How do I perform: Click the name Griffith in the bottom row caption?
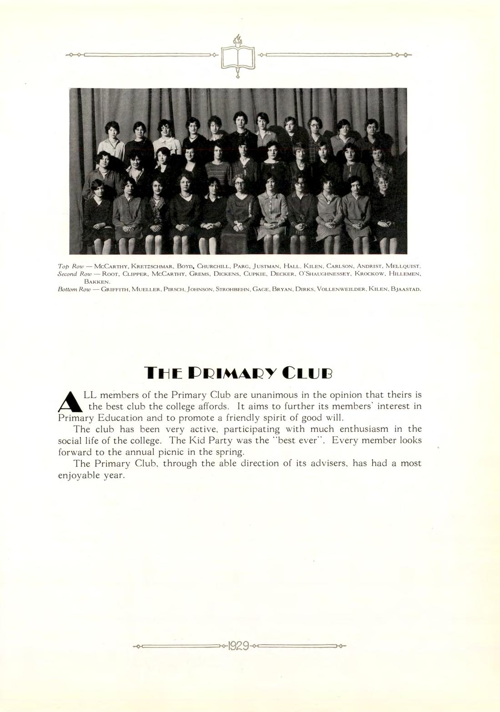coord(116,289)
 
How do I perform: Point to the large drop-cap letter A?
coord(70,401)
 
